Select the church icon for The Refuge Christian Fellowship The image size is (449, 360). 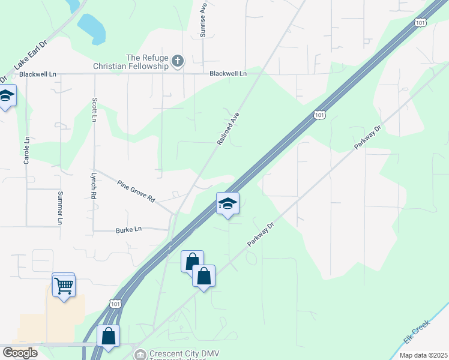(177, 60)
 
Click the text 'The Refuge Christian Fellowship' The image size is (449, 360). (131, 61)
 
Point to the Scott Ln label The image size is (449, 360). (94, 110)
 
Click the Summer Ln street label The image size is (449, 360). (60, 208)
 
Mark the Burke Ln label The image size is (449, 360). (129, 229)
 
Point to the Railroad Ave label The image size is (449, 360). (228, 128)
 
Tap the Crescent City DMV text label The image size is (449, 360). (178, 353)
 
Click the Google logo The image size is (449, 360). (20, 353)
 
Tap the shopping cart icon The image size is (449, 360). (64, 286)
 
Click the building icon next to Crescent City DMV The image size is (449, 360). (140, 355)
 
